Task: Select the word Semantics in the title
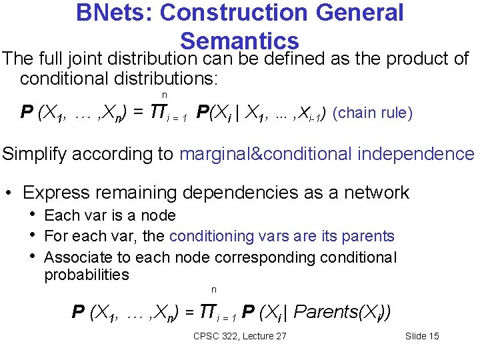pyautogui.click(x=239, y=40)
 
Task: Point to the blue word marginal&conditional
pyautogui.click(x=266, y=154)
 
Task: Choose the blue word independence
pyautogui.click(x=416, y=154)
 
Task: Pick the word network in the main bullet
pyautogui.click(x=377, y=193)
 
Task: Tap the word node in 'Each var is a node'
pyautogui.click(x=161, y=215)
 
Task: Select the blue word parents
pyautogui.click(x=367, y=236)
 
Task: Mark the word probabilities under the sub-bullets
pyautogui.click(x=87, y=275)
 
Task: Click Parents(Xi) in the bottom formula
pyautogui.click(x=342, y=311)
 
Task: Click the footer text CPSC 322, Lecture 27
pyautogui.click(x=239, y=336)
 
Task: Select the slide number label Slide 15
pyautogui.click(x=422, y=336)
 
